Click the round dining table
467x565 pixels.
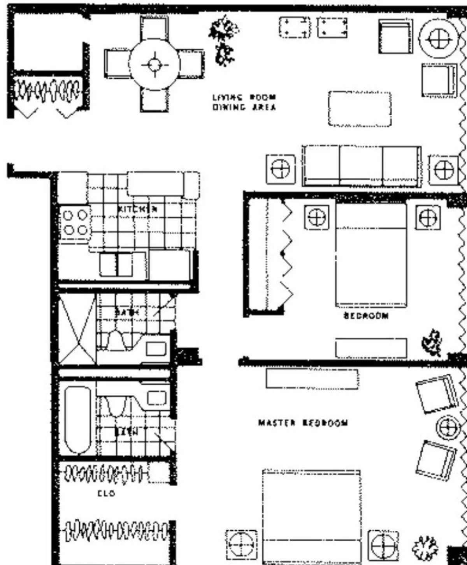pyautogui.click(x=154, y=64)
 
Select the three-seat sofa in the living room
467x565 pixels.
pyautogui.click(x=362, y=166)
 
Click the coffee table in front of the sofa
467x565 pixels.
pyautogui.click(x=360, y=109)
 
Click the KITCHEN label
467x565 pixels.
pyautogui.click(x=137, y=209)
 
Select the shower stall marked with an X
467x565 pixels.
pyautogui.click(x=77, y=330)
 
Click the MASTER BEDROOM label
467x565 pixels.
pyautogui.click(x=303, y=423)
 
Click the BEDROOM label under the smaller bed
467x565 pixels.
pyautogui.click(x=366, y=316)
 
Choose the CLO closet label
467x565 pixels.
pyautogui.click(x=106, y=493)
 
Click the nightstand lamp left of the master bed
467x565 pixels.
pyautogui.click(x=241, y=544)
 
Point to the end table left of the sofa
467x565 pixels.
pyautogui.click(x=280, y=169)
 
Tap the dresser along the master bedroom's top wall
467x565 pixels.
pyautogui.click(x=312, y=378)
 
